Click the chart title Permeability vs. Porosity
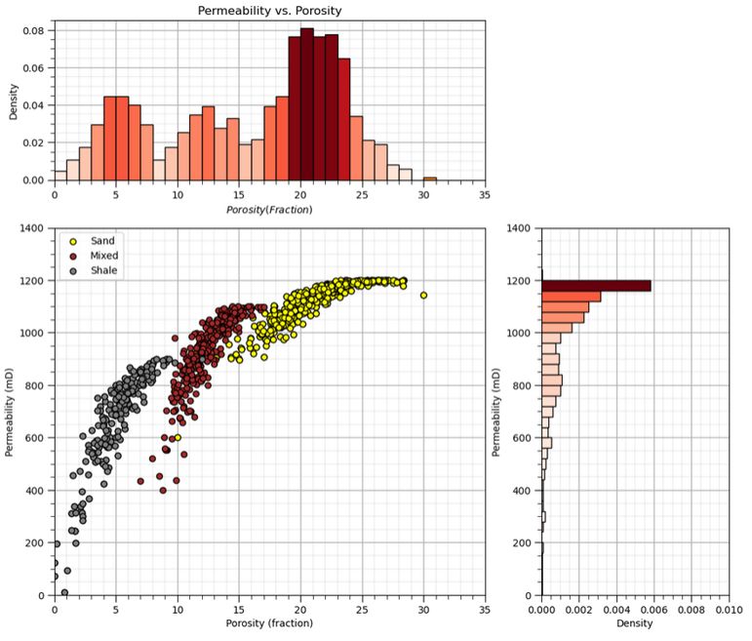(x=269, y=11)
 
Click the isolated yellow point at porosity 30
(x=423, y=295)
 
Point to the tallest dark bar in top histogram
(x=306, y=104)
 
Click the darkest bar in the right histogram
(x=596, y=285)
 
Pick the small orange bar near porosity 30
(x=429, y=179)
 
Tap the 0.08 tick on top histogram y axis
(x=33, y=30)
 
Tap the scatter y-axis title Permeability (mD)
(x=10, y=411)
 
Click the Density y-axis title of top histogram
(x=12, y=104)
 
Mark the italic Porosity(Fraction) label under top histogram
(x=269, y=210)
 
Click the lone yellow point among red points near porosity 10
(x=178, y=438)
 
